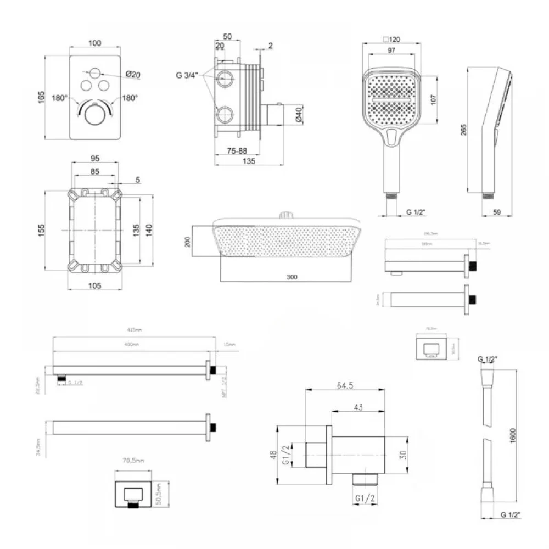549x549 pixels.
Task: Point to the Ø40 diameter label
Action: point(299,114)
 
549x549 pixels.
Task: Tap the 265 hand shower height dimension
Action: point(464,130)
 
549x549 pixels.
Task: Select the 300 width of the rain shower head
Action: point(292,277)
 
